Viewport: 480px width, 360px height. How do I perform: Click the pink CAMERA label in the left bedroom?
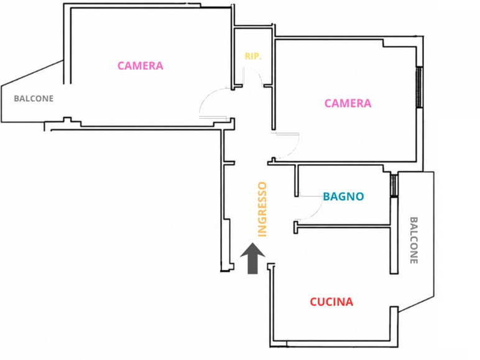click(x=141, y=66)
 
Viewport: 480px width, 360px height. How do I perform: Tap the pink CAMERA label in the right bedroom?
click(x=348, y=103)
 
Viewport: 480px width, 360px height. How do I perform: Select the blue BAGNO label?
click(x=343, y=196)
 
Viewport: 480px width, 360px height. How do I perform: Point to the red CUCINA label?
click(x=331, y=302)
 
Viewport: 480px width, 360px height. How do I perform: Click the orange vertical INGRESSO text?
click(x=262, y=210)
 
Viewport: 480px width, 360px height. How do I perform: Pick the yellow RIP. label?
click(x=253, y=57)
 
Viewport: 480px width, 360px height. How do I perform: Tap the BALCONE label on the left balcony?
click(x=34, y=99)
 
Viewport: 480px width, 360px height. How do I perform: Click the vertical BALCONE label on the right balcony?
click(x=414, y=240)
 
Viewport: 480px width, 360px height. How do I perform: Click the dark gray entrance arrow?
click(x=252, y=259)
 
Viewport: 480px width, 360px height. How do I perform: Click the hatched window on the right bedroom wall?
click(x=419, y=87)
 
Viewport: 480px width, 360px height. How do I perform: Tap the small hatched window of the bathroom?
click(x=394, y=185)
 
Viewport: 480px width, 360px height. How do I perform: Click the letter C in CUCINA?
click(x=314, y=302)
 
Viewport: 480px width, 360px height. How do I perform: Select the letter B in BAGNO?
click(x=326, y=196)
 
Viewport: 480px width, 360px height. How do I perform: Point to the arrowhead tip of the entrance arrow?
click(x=252, y=243)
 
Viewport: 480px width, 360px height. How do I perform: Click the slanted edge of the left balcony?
click(x=32, y=73)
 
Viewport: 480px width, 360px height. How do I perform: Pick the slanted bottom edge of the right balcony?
click(x=416, y=304)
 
